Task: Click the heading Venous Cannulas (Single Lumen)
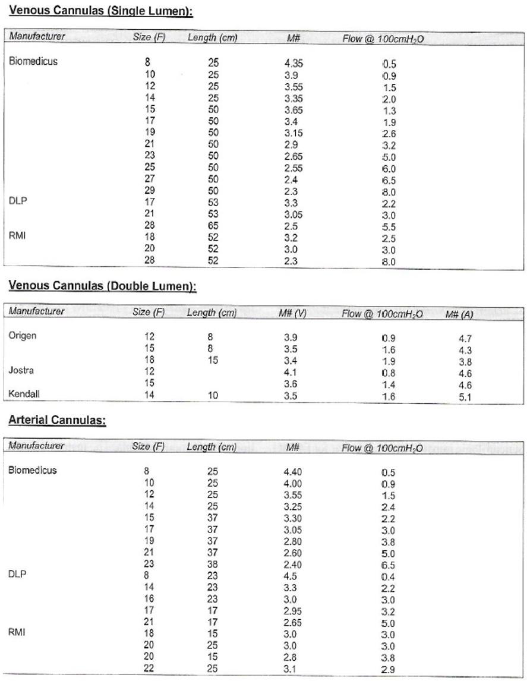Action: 101,11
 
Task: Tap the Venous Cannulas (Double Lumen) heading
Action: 102,286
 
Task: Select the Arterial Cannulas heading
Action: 57,421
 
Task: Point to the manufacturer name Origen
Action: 23,336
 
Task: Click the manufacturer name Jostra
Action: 21,371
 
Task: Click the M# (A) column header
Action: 459,314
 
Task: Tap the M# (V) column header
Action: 292,313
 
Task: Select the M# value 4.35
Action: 294,63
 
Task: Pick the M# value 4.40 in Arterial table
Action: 293,472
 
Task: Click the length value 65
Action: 213,226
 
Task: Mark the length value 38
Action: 213,565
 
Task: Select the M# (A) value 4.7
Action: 465,339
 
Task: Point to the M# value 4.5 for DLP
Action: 291,576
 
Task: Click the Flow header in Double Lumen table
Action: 382,314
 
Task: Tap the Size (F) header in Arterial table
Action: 148,447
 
